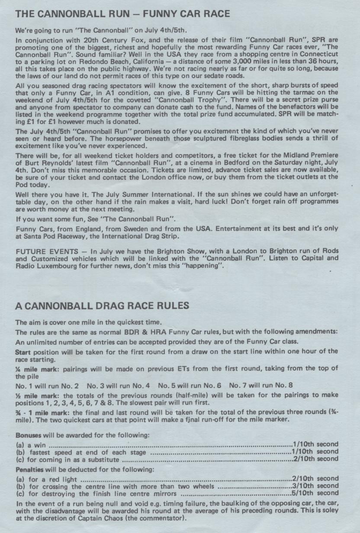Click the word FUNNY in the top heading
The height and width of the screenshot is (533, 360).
(151, 14)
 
